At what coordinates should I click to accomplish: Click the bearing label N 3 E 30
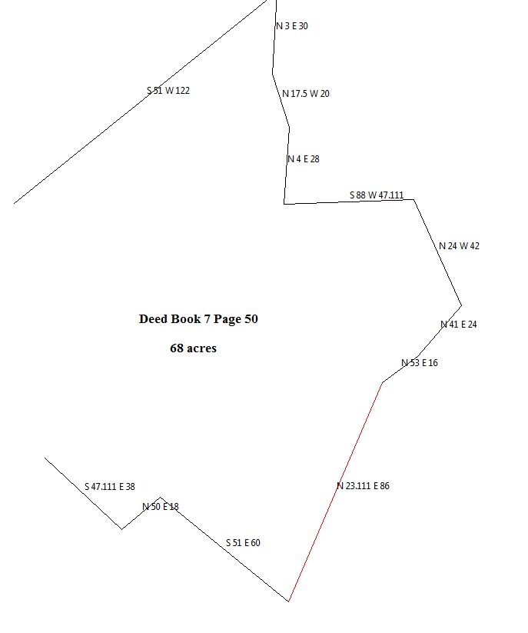tap(292, 26)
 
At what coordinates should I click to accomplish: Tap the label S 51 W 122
tap(168, 91)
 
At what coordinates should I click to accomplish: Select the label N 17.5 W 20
tap(306, 94)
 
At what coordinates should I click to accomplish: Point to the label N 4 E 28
tap(304, 159)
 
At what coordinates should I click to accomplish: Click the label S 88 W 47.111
tap(377, 195)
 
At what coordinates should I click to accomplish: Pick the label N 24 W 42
tap(459, 246)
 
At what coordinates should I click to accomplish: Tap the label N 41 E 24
tap(459, 325)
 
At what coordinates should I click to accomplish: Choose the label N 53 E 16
tap(420, 363)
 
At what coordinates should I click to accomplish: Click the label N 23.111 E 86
tap(363, 486)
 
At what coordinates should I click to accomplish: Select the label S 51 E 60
tap(243, 543)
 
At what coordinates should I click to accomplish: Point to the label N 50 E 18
tap(161, 506)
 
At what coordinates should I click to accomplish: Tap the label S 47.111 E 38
tap(109, 487)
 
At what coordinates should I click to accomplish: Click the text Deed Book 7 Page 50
tap(198, 319)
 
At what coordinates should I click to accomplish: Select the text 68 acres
tap(193, 348)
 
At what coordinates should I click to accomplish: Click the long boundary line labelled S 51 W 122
tap(92, 142)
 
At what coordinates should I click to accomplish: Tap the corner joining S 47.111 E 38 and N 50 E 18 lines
tap(121, 529)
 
